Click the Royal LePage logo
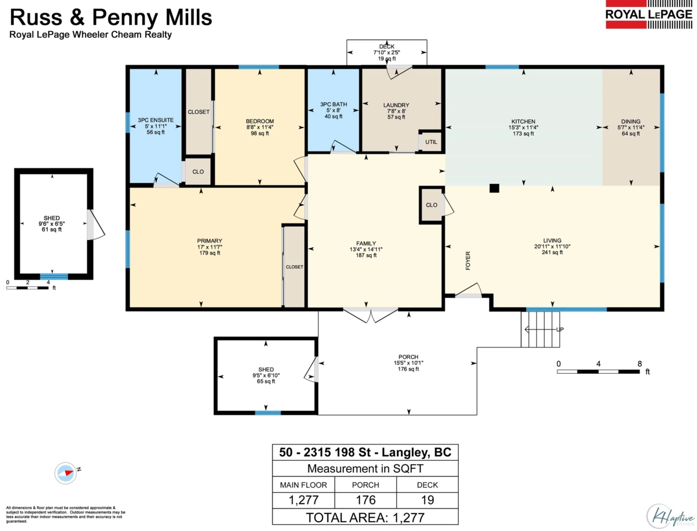tap(649, 15)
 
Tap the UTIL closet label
tap(431, 142)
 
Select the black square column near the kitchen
tap(494, 188)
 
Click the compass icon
tap(66, 473)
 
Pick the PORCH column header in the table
tap(365, 485)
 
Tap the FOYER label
tap(468, 261)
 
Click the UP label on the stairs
tap(559, 329)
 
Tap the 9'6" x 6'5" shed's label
tap(52, 223)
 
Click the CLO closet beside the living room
tap(431, 205)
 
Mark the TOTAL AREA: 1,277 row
tap(365, 518)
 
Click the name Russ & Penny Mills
tap(111, 17)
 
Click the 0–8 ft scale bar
tap(598, 371)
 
